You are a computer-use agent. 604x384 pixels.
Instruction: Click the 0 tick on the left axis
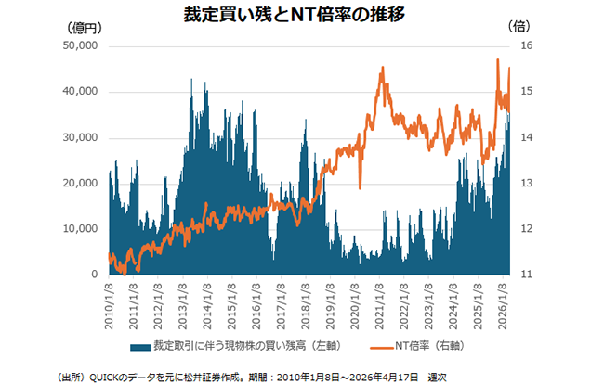point(94,275)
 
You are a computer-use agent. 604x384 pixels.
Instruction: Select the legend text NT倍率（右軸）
point(429,346)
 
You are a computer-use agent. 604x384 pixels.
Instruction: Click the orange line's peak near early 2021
point(382,68)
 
